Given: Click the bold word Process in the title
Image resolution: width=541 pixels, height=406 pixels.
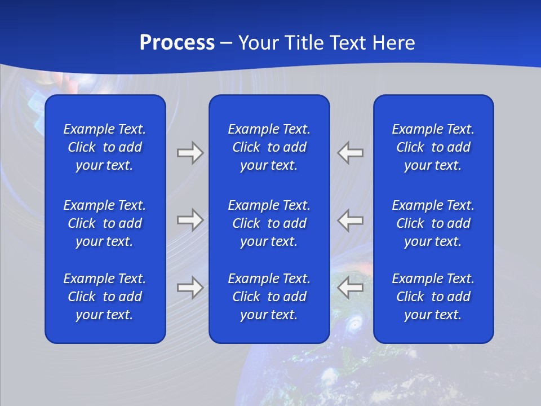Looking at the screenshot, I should (177, 43).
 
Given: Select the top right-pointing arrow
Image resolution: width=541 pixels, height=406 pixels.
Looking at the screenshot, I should (190, 153).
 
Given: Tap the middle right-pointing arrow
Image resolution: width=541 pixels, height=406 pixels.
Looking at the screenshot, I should (190, 219).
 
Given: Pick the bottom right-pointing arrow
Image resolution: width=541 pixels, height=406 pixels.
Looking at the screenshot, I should (190, 288).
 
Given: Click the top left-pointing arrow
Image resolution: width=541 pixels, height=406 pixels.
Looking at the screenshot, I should (351, 153).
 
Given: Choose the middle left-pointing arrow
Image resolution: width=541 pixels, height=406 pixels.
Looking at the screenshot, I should (351, 219).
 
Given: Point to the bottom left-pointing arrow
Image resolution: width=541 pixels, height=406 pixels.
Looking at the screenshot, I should (351, 288).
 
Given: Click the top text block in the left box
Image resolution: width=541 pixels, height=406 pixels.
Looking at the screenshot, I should (105, 147).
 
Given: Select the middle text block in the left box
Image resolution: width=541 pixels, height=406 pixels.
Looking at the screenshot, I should (105, 223).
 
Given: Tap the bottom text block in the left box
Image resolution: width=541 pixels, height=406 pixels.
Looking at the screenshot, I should (105, 297).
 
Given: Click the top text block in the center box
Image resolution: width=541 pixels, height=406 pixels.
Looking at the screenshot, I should (269, 147).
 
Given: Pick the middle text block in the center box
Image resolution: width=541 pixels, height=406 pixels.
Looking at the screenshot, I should (269, 223).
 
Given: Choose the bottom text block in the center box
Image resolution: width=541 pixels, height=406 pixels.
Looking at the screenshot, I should (269, 297).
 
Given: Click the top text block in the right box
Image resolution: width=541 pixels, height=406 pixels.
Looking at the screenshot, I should (433, 147).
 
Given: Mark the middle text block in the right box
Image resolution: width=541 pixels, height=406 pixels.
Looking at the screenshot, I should (433, 223).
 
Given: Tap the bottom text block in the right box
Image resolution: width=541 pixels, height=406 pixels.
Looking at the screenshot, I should (433, 297).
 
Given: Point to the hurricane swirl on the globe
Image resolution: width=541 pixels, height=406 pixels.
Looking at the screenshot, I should (354, 324).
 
